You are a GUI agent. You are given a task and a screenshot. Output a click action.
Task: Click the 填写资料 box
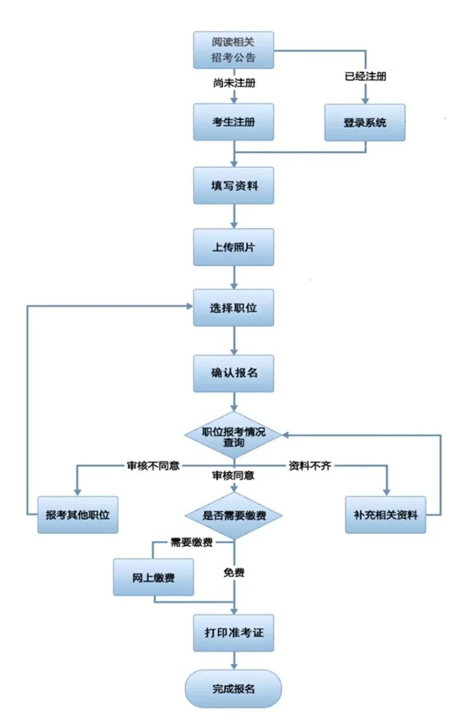point(233,186)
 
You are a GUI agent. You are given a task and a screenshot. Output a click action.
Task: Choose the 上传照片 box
point(233,247)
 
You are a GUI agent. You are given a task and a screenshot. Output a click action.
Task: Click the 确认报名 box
point(233,373)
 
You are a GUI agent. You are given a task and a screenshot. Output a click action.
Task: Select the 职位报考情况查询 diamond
point(233,437)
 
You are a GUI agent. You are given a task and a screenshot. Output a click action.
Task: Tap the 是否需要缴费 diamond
point(233,515)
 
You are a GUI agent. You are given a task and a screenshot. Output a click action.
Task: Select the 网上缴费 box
point(154,578)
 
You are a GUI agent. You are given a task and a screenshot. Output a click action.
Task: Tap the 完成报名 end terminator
point(233,688)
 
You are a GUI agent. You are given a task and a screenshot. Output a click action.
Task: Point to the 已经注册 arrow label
point(366,77)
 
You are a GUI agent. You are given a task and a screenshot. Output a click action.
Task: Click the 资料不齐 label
point(311,466)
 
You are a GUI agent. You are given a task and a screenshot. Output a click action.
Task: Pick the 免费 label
point(233,572)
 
